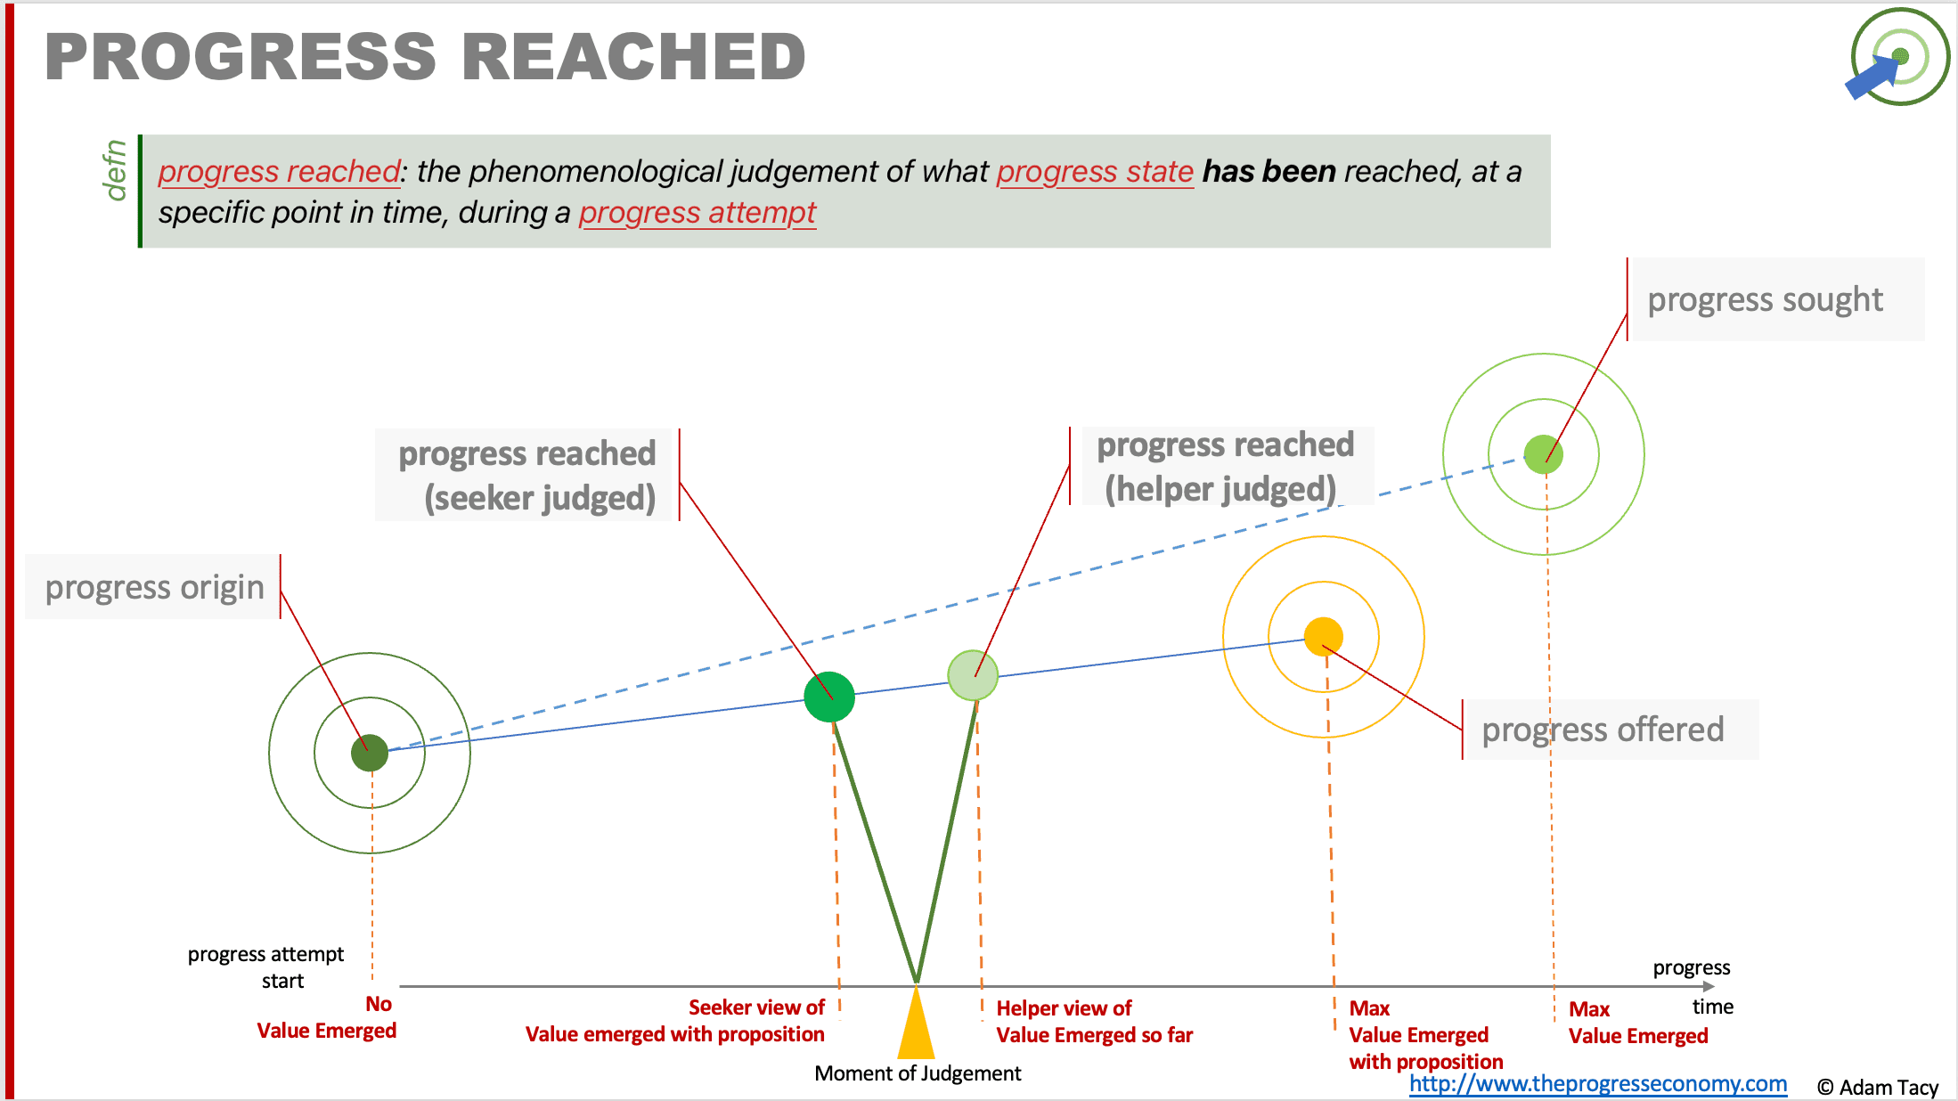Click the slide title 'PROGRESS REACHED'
coord(425,57)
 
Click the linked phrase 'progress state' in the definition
coord(1095,171)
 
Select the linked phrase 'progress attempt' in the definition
coord(697,213)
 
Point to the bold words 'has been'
coord(1269,171)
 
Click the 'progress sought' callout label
coord(1765,300)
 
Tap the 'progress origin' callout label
coord(155,588)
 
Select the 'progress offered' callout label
coord(1603,730)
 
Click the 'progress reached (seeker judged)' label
coord(527,475)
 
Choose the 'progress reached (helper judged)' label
coord(1225,466)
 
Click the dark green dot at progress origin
coord(370,753)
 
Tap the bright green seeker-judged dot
coord(829,697)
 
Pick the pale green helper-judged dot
coord(973,675)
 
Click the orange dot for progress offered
coord(1324,636)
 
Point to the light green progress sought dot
coord(1543,454)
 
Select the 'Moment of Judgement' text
coord(918,1073)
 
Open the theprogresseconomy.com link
coord(1597,1084)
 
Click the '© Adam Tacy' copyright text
coord(1877,1088)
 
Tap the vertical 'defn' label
coord(115,170)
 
